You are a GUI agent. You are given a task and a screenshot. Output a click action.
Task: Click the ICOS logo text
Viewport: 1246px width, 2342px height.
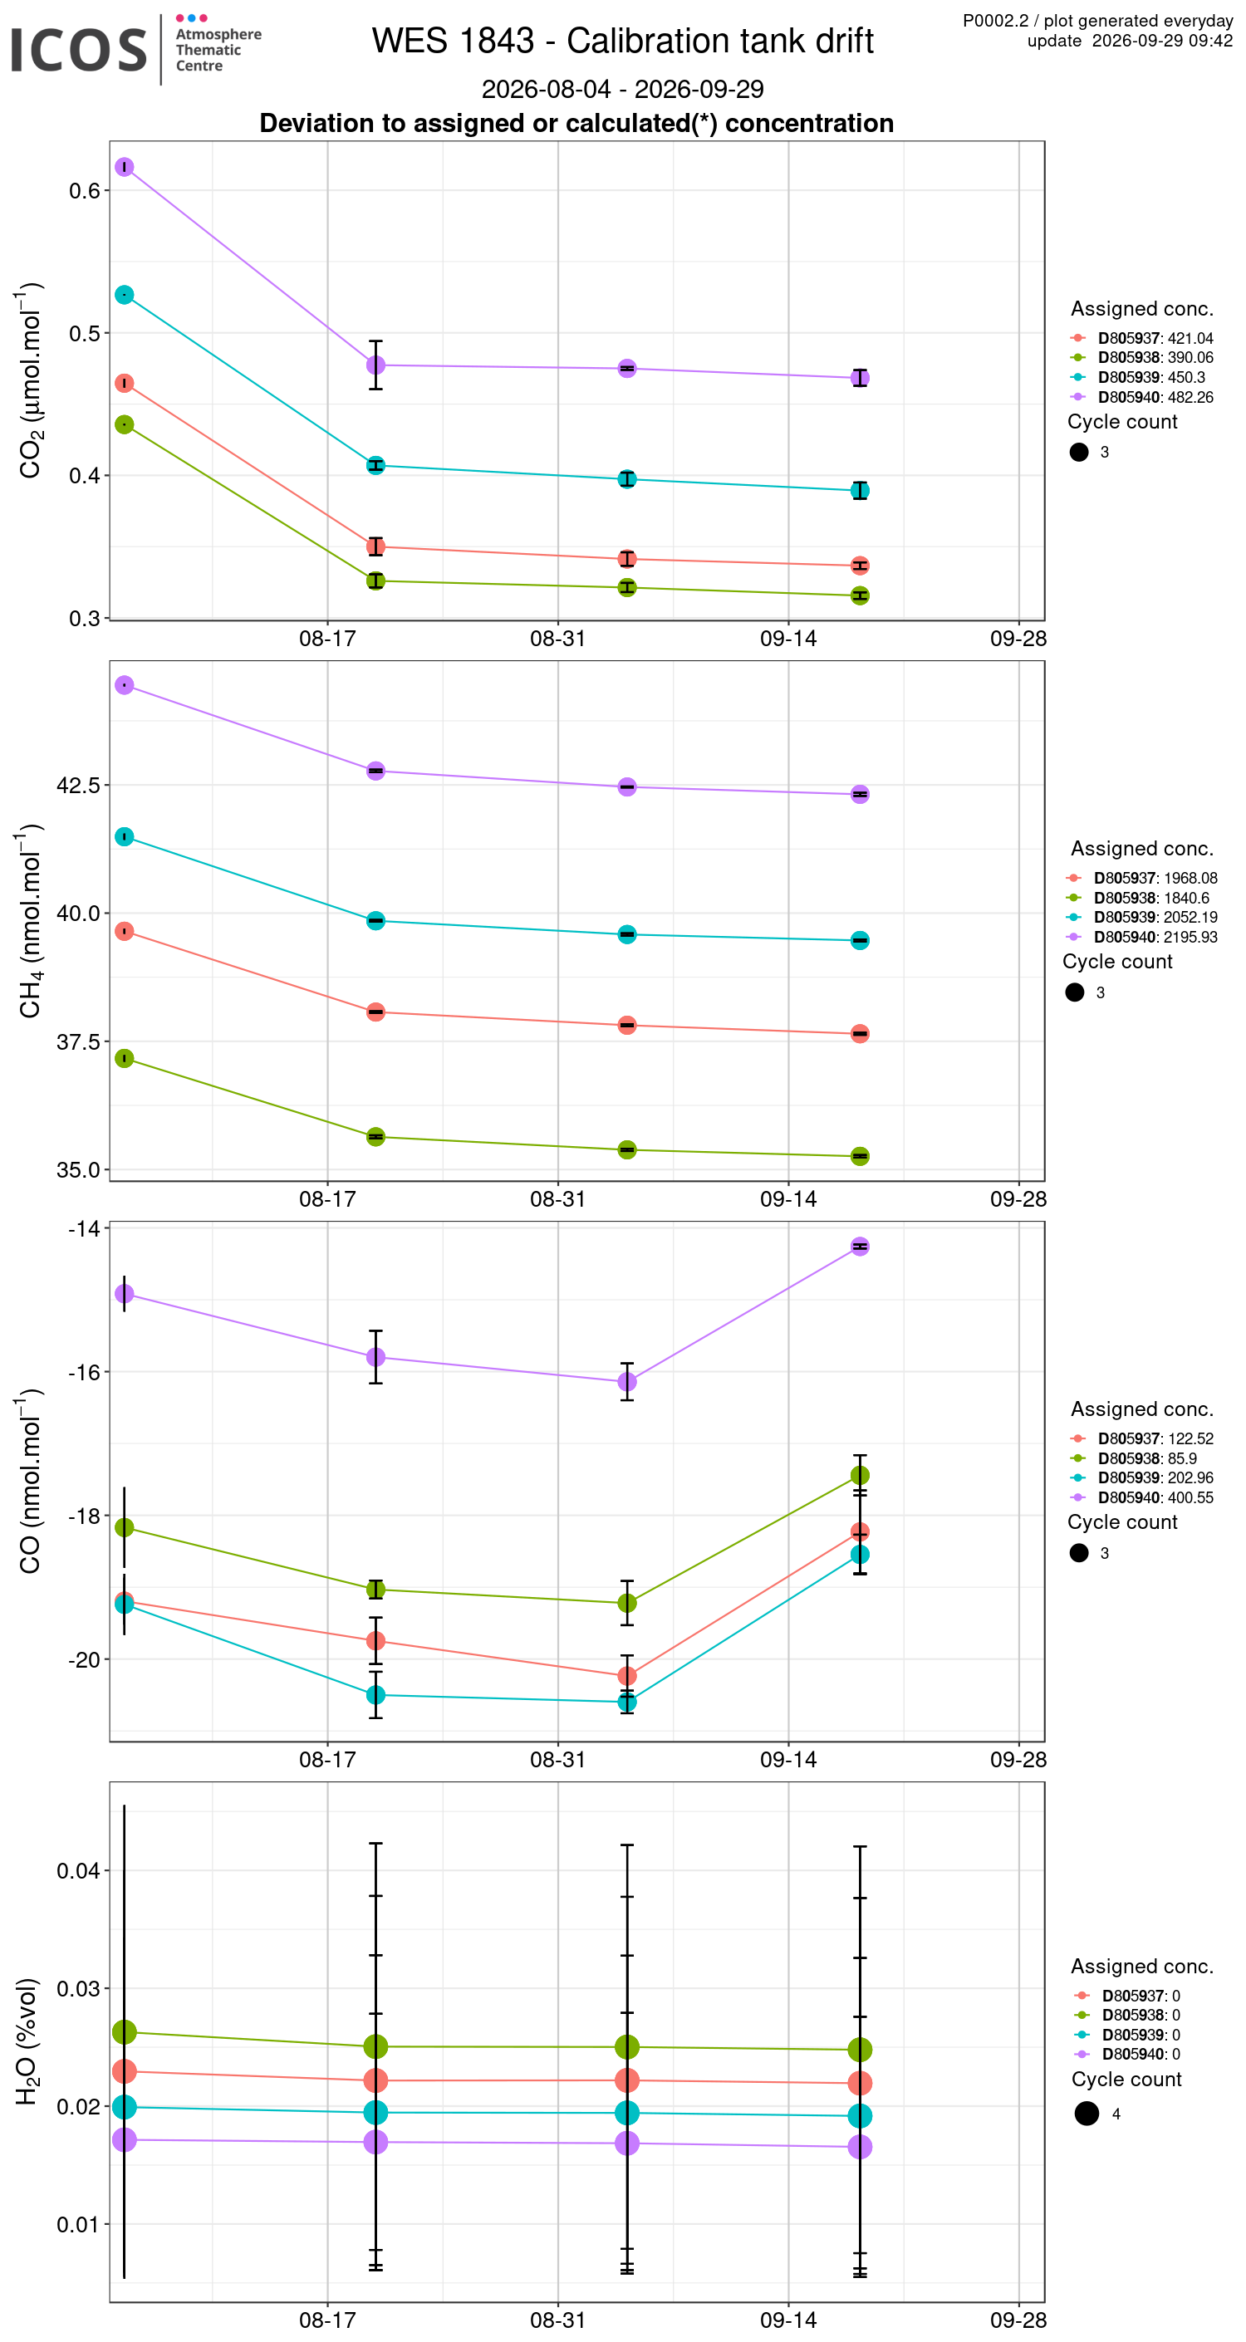tap(78, 49)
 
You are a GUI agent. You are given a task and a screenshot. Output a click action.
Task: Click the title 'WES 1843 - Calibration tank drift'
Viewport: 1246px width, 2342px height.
tap(622, 41)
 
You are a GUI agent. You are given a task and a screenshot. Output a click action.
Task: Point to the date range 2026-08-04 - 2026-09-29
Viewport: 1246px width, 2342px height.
tap(622, 89)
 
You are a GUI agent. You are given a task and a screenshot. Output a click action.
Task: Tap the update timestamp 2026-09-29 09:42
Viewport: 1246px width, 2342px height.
tap(1162, 41)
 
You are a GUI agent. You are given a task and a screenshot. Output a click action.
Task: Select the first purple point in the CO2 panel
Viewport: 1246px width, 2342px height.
tap(125, 167)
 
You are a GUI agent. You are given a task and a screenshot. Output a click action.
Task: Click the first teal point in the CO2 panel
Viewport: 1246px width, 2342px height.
tap(125, 295)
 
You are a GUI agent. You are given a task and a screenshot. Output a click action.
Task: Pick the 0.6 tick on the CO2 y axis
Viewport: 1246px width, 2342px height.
tap(85, 191)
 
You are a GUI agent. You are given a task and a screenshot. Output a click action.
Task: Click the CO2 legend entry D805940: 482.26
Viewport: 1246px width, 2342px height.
tap(1155, 397)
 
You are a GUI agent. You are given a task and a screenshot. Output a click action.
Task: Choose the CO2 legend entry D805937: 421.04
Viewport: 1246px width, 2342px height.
tap(1155, 338)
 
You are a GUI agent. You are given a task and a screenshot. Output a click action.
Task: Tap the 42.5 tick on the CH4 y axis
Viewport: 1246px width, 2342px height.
tap(78, 785)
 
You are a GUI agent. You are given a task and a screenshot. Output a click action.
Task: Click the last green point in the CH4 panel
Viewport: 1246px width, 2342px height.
tap(860, 1156)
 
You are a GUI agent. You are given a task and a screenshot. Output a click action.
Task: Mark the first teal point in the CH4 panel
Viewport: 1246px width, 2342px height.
tap(125, 836)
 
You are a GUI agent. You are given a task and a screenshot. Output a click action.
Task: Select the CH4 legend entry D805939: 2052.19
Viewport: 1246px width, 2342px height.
tap(1155, 918)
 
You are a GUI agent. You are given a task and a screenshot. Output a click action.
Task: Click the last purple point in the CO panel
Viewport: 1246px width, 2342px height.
tap(860, 1247)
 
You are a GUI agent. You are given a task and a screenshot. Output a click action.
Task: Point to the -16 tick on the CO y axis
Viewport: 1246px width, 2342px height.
tap(85, 1372)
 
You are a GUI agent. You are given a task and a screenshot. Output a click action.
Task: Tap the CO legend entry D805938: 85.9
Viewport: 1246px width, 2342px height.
tap(1147, 1458)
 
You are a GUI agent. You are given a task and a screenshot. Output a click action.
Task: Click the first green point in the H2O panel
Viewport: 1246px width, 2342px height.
tap(125, 2032)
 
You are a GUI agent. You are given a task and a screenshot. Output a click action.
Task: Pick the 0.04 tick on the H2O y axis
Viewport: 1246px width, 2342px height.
tap(78, 1871)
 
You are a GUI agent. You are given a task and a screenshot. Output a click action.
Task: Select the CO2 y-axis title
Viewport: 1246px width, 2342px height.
tap(29, 380)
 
